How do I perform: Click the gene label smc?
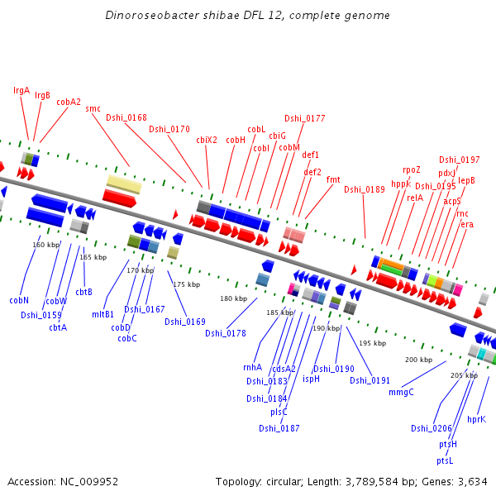click(x=93, y=108)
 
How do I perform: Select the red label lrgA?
click(x=21, y=90)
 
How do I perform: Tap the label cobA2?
click(x=69, y=102)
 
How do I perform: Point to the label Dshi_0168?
click(x=126, y=117)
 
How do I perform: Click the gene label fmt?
click(x=333, y=179)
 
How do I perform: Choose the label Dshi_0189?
click(x=365, y=189)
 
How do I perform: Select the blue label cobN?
click(x=19, y=300)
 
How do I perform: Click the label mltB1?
click(x=103, y=314)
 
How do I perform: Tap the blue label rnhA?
click(x=252, y=367)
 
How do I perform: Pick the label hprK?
click(x=476, y=419)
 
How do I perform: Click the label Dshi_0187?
click(x=279, y=428)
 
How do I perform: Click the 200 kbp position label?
click(x=418, y=360)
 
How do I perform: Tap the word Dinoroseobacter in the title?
click(x=146, y=16)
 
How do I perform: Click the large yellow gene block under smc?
click(x=124, y=184)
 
